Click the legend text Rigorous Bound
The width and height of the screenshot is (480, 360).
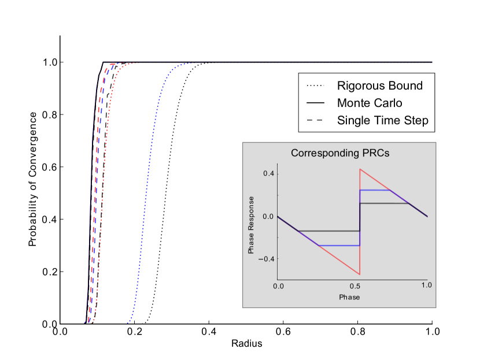coord(380,86)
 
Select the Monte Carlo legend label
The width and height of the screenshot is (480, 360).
coord(370,103)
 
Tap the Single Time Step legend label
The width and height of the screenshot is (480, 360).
coord(383,121)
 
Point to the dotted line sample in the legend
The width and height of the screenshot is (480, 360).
coord(315,86)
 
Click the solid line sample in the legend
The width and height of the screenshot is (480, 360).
coord(315,103)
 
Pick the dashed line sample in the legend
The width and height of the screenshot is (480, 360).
coord(315,121)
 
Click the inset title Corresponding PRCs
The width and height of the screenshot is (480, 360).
coord(339,154)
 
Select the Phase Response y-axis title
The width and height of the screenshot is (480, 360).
coord(251,224)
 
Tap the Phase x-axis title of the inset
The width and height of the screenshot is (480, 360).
coord(349,297)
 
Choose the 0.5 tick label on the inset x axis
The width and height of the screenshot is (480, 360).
coord(353,286)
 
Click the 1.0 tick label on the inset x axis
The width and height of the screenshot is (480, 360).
coord(427,286)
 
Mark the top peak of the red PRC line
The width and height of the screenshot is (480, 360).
coord(360,169)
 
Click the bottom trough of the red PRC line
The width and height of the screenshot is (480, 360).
coord(360,274)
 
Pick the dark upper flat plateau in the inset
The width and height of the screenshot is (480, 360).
coord(385,203)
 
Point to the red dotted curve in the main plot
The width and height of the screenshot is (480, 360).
coord(105,173)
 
